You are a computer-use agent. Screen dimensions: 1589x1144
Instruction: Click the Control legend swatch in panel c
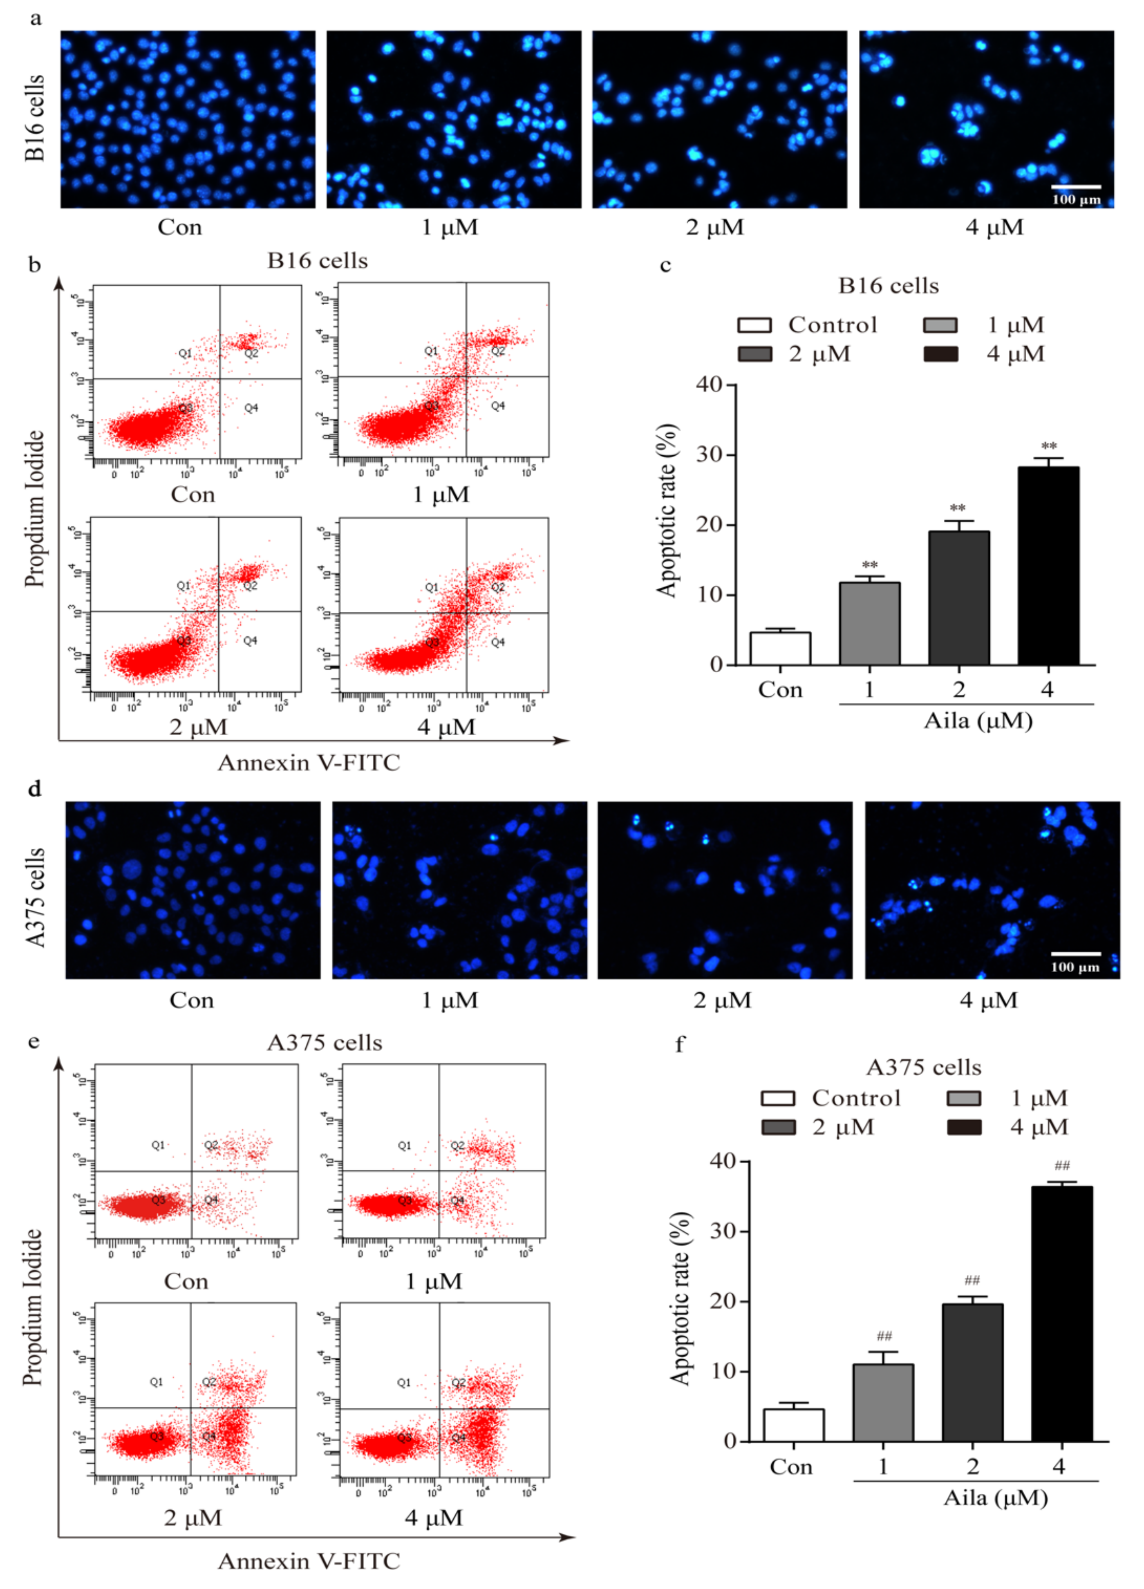pos(754,325)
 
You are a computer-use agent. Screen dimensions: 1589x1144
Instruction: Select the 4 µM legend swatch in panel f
pos(964,1127)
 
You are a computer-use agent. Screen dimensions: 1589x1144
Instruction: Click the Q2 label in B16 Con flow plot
pos(251,353)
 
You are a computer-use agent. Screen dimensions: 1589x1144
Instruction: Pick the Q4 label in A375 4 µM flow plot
pos(457,1437)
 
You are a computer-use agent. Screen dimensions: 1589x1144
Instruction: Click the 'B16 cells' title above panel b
pos(317,261)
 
